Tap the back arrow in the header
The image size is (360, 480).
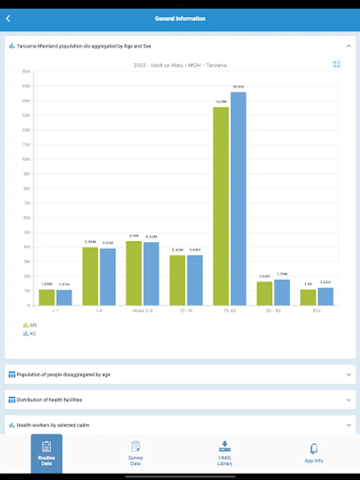click(8, 19)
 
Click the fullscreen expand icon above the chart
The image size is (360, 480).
click(337, 65)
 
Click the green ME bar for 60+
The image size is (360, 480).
click(308, 297)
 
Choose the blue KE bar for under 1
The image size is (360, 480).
click(64, 298)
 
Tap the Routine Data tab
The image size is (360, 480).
click(46, 454)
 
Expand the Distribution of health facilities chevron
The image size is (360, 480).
click(349, 400)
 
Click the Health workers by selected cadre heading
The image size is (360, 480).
click(53, 425)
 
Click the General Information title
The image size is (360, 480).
click(180, 19)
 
